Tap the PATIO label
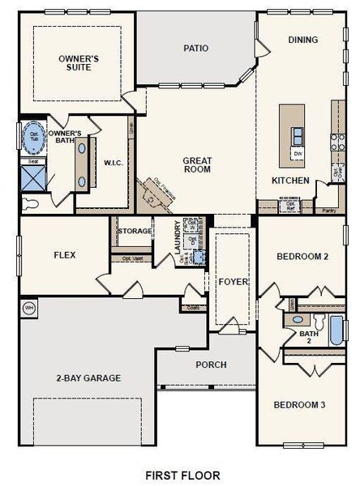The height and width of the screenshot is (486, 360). (196, 49)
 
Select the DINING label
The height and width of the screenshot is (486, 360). (303, 40)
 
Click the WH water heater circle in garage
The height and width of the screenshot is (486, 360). (29, 308)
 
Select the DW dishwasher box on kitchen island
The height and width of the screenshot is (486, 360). (298, 153)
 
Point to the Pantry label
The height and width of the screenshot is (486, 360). (328, 210)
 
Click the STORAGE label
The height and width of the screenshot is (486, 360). (135, 232)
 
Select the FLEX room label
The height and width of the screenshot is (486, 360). (65, 255)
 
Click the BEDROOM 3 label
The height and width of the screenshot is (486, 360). (299, 404)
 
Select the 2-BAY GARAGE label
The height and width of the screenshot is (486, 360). (88, 377)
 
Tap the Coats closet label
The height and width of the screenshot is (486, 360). (193, 308)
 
